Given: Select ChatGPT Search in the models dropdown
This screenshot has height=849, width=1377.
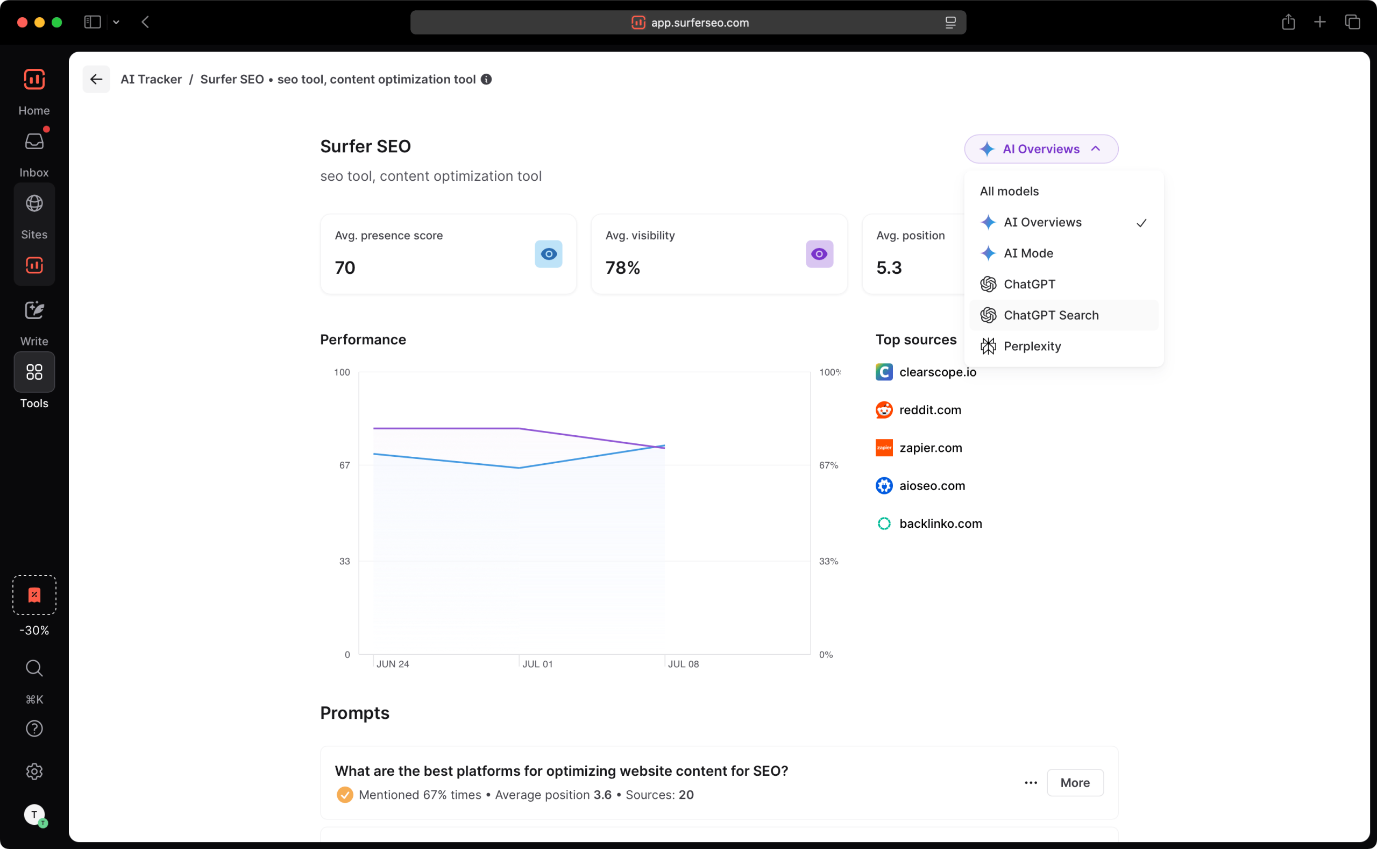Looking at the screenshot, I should [1051, 315].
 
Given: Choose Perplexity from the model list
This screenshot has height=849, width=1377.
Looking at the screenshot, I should [1032, 346].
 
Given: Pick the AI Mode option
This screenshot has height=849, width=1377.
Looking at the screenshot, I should [1028, 253].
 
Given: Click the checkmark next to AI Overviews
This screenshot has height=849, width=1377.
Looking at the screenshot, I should [1141, 223].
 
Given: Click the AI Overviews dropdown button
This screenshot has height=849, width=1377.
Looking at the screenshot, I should [1041, 149].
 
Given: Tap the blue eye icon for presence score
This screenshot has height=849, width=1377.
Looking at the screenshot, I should [548, 254].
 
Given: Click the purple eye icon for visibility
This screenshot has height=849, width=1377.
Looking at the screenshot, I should [819, 254].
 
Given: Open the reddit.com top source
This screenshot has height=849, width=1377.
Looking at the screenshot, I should [929, 410].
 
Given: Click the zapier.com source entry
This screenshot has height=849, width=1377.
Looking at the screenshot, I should [930, 448].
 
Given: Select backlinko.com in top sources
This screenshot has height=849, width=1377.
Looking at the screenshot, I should [940, 523].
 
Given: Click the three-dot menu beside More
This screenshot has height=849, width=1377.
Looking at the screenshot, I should [1031, 782].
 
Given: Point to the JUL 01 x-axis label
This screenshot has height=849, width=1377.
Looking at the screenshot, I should [537, 664].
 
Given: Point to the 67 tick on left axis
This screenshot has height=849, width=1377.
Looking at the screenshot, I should [344, 465].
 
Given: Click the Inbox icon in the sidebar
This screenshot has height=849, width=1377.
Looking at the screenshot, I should [34, 141].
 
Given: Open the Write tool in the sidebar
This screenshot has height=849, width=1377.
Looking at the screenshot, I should [34, 310].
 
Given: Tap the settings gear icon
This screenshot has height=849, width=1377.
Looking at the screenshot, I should [34, 771].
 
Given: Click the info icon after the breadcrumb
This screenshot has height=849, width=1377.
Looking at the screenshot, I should [486, 79].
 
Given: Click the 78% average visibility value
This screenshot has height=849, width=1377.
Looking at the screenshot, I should [622, 268].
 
